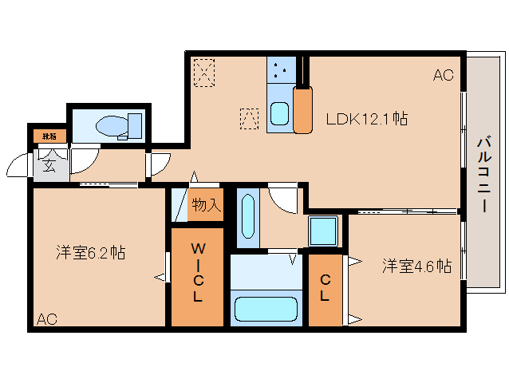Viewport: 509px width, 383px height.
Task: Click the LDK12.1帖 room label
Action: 367,120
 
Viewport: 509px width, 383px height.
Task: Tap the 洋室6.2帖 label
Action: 90,254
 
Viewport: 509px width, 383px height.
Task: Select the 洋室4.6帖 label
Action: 416,266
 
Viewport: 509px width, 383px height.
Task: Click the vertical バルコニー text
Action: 483,173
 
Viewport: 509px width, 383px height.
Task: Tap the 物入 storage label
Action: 205,205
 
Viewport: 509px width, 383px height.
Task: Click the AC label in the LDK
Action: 443,76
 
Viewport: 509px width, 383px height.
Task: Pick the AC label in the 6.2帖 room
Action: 46,319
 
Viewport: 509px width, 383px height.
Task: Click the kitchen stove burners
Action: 281,70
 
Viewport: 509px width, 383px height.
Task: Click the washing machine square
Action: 324,232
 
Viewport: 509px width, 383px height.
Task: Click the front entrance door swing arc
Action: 18,164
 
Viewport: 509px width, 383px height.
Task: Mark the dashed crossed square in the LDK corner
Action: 204,73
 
